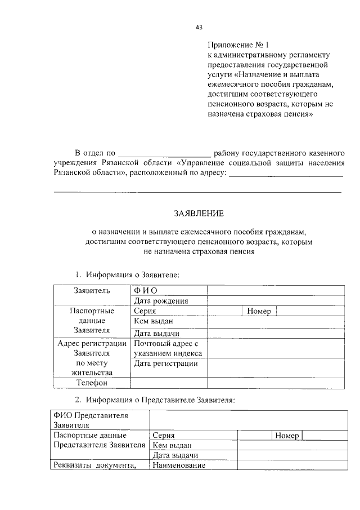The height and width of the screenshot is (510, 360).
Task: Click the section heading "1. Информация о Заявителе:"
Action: (x=127, y=275)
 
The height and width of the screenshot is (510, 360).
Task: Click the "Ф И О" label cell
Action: (x=145, y=290)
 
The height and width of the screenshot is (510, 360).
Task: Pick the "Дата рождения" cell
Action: (x=160, y=300)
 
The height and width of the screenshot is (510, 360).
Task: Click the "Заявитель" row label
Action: (x=92, y=291)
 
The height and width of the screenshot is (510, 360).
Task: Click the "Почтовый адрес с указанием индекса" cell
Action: (x=168, y=348)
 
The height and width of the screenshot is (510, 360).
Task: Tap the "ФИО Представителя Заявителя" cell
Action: (x=99, y=420)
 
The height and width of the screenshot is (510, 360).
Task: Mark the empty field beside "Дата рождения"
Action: (x=276, y=300)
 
